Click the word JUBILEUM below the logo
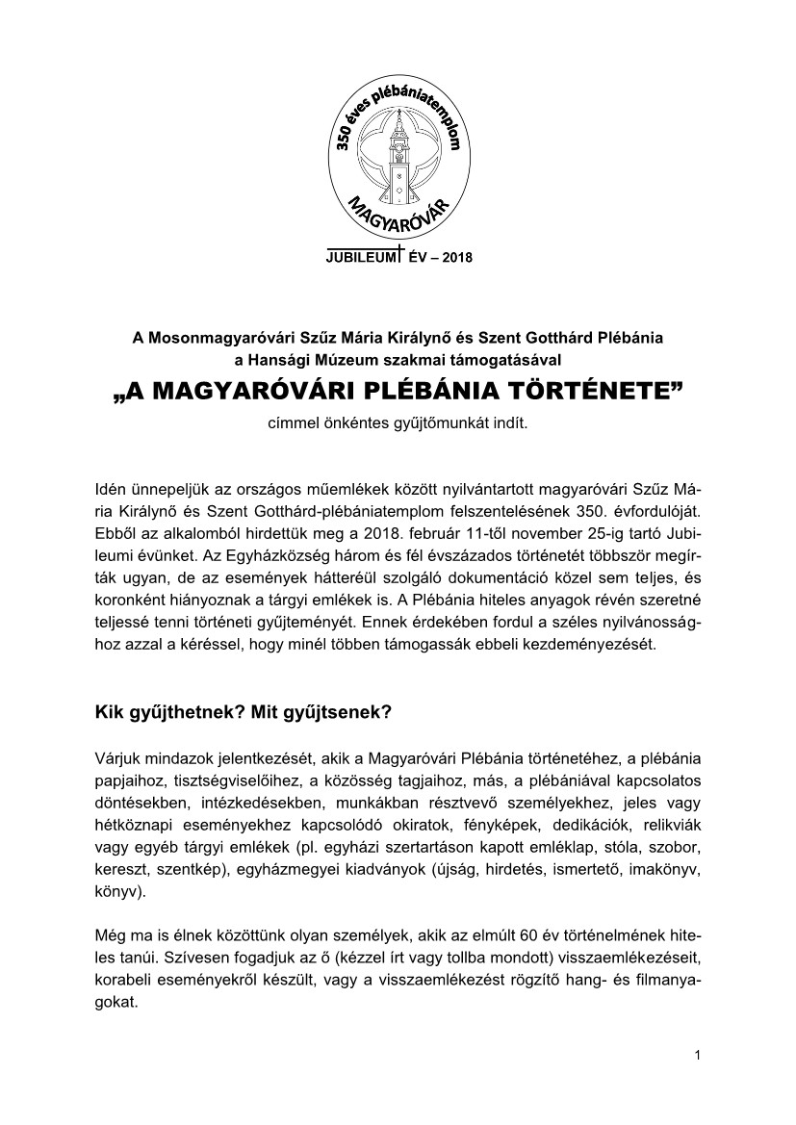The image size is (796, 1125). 362,257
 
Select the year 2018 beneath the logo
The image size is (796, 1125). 454,257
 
